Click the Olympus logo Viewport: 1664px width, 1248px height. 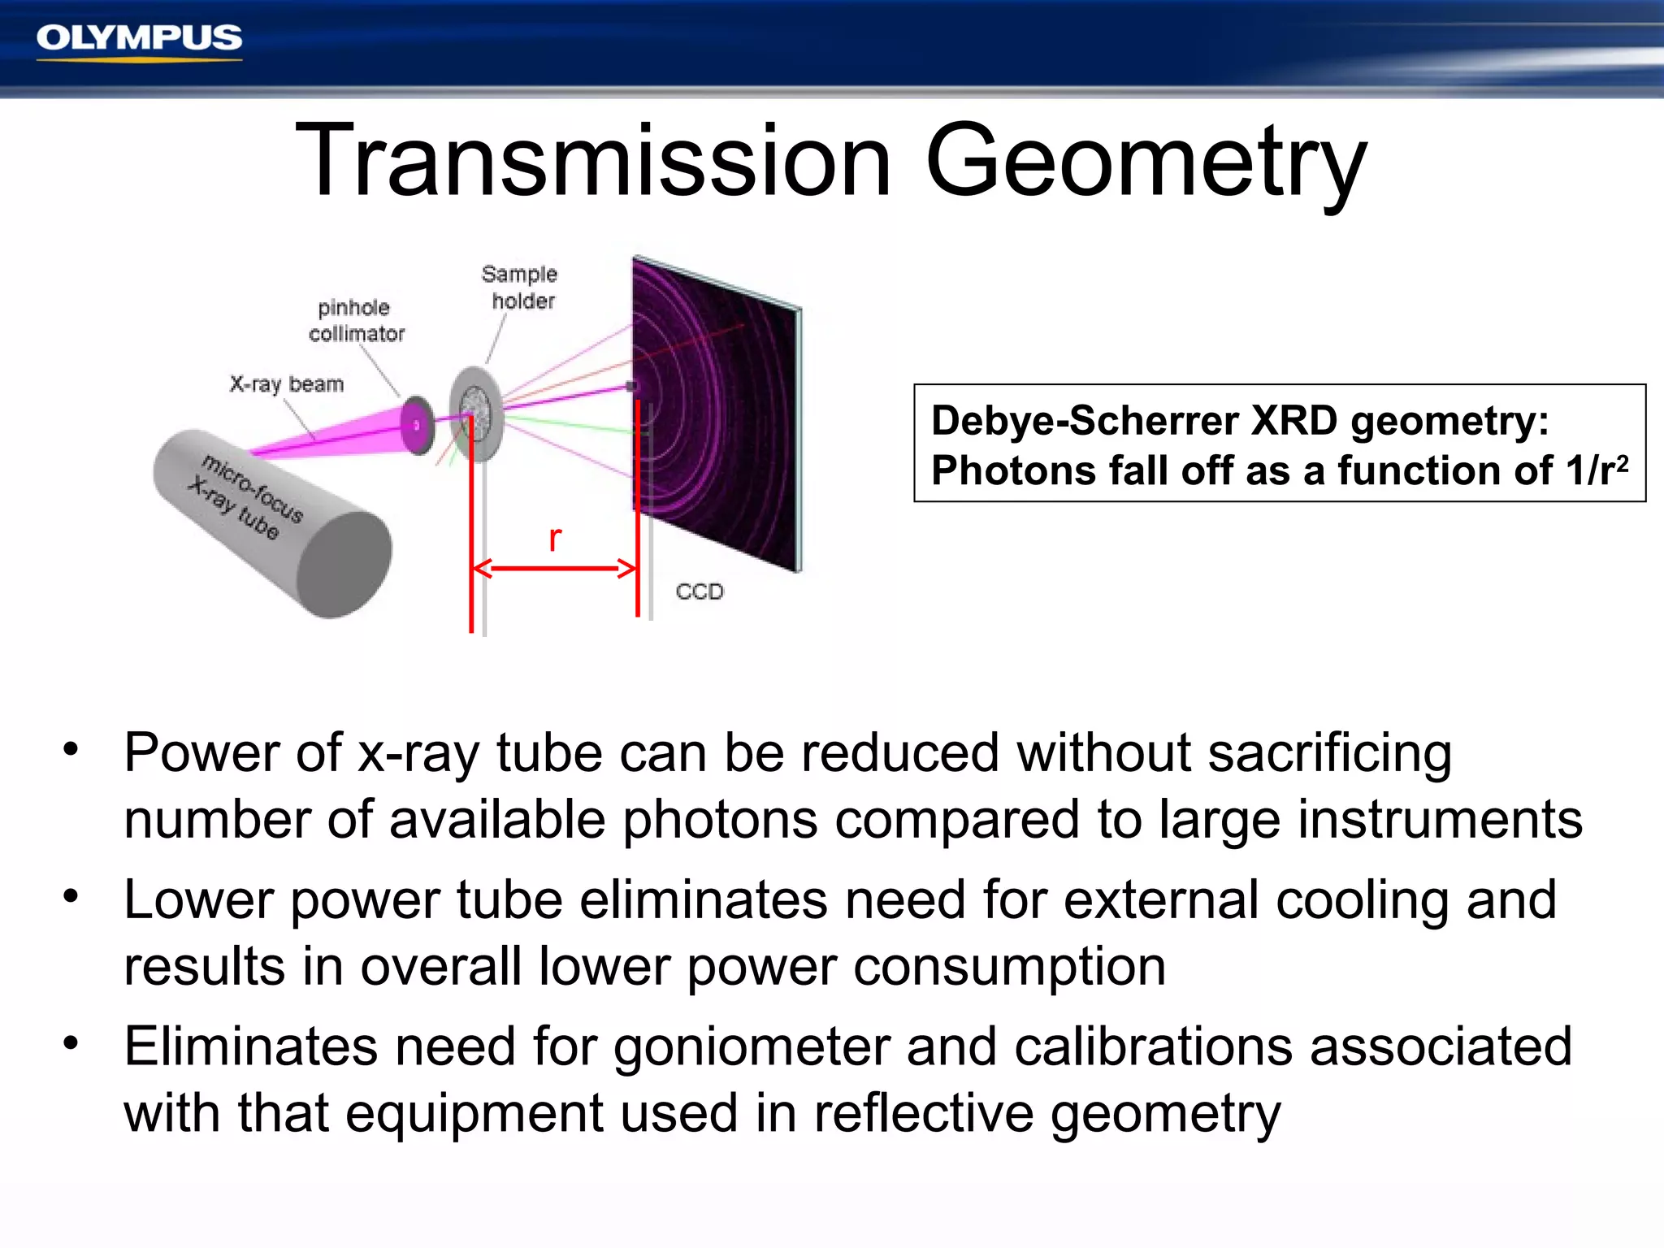pos(139,39)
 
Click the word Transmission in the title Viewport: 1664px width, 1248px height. pos(593,160)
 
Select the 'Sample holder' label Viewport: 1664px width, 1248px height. pos(520,288)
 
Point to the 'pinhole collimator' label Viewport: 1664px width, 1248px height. pos(355,321)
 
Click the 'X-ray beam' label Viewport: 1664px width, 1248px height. pos(286,383)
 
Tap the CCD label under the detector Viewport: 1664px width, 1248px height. pos(699,591)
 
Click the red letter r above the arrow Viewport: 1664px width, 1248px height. pos(555,538)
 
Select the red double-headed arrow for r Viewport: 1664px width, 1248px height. pos(555,568)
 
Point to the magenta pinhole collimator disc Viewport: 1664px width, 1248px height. pos(418,425)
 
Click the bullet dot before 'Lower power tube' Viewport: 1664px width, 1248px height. pos(71,896)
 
